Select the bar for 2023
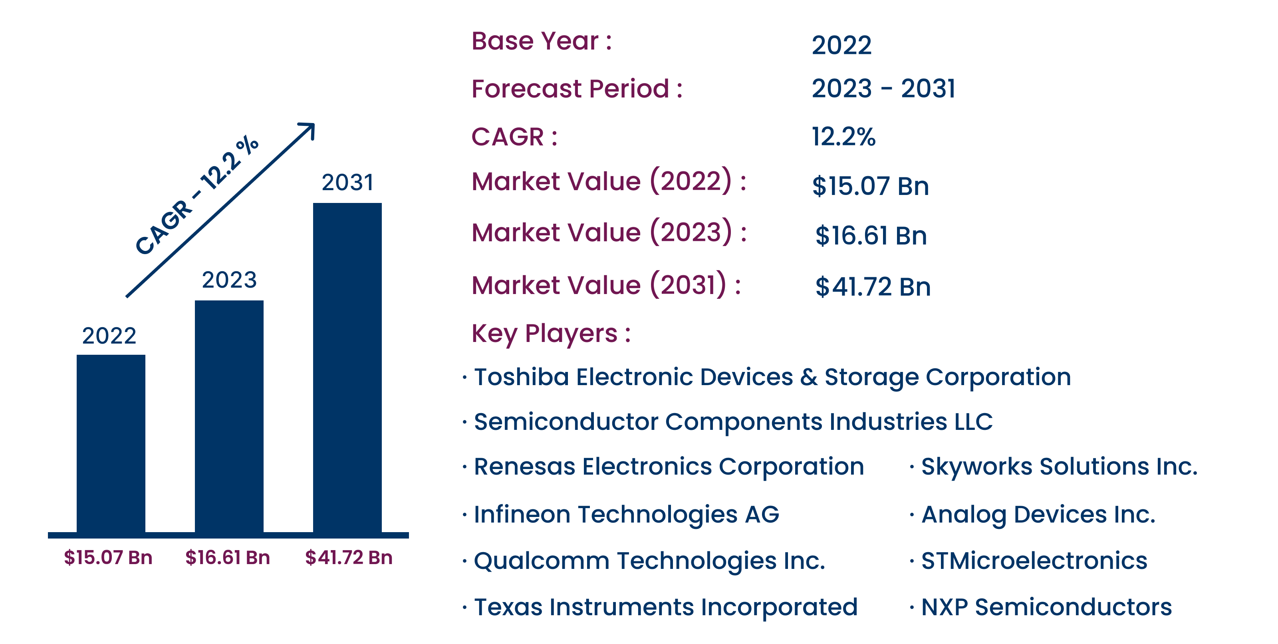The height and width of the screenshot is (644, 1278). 229,416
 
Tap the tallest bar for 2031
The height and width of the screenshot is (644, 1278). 347,368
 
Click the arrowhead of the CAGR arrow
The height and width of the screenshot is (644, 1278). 309,129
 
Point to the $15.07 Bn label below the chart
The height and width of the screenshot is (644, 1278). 108,558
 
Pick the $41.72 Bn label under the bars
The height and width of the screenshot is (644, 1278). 349,558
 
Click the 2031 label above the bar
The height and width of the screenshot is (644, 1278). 347,182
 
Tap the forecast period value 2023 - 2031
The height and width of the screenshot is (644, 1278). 883,88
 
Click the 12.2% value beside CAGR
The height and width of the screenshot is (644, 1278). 843,137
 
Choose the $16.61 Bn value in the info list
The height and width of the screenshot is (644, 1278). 871,235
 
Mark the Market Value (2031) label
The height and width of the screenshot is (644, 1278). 606,285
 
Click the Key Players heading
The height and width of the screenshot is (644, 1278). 551,334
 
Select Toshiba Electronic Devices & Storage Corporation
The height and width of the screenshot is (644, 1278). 772,377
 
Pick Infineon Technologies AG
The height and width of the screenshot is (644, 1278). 627,515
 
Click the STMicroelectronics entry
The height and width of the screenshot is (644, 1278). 1034,561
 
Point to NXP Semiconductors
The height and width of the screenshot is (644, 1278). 1046,607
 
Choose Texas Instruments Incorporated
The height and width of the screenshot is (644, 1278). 666,607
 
